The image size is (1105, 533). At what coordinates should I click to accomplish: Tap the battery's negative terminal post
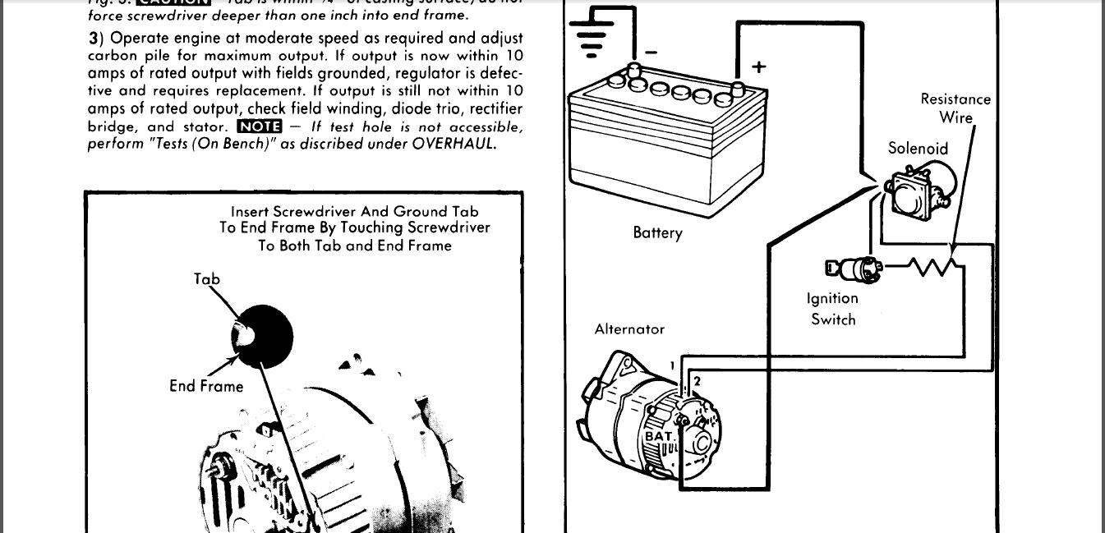click(x=633, y=71)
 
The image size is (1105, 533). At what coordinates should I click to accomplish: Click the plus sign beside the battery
click(x=758, y=67)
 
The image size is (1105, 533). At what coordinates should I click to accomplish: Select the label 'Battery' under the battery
click(x=657, y=232)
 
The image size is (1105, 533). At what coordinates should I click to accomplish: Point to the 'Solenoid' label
click(x=918, y=149)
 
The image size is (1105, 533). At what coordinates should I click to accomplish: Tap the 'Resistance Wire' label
click(x=955, y=108)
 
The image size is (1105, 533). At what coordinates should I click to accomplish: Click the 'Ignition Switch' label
click(x=832, y=309)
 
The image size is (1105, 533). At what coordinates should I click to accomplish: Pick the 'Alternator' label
click(x=629, y=329)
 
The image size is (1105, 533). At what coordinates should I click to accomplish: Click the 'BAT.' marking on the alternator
click(x=660, y=436)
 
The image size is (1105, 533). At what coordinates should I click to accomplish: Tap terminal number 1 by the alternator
click(x=672, y=365)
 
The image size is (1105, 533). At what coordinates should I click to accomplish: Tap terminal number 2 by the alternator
click(x=697, y=381)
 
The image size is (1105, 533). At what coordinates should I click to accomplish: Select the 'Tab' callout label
click(x=207, y=279)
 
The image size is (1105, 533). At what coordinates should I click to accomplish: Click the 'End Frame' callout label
click(x=206, y=386)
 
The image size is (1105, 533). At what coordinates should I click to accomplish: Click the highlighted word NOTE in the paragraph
click(x=259, y=126)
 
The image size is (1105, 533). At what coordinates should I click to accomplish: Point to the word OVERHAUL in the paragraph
click(x=454, y=144)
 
